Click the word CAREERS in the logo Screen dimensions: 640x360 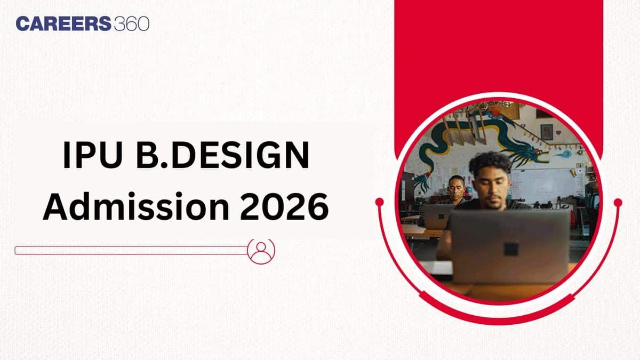tap(63, 23)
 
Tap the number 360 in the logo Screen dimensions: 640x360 tap(132, 23)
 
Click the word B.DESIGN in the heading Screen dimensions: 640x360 tap(223, 155)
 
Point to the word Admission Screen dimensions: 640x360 tap(136, 206)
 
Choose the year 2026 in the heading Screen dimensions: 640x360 tap(285, 206)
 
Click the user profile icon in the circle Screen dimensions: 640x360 tap(261, 251)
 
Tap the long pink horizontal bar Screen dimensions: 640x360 tap(131, 250)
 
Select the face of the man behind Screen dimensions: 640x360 tap(457, 189)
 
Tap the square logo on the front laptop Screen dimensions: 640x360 tap(511, 249)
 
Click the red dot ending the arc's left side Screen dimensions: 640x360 tap(379, 202)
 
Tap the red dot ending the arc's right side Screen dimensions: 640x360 tap(618, 203)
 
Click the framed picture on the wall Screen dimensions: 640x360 tap(547, 132)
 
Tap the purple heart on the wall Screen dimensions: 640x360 tap(558, 133)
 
